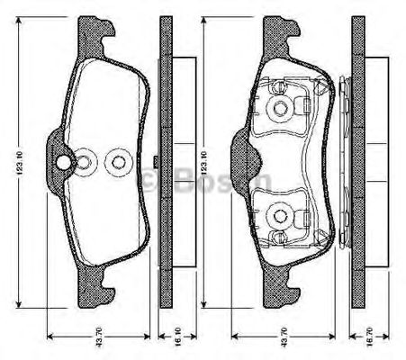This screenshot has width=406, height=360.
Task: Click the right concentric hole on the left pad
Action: (x=117, y=163)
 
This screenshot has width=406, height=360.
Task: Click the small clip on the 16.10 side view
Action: (x=157, y=163)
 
